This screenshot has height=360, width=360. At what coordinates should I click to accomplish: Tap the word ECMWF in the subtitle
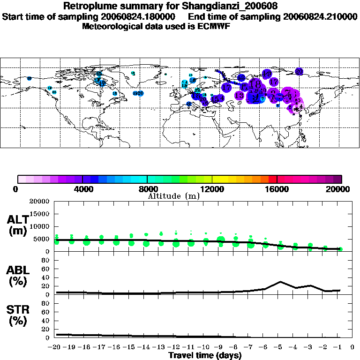(214, 26)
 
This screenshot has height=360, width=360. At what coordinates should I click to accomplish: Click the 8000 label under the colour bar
(147, 189)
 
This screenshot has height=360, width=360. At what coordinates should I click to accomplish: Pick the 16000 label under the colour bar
(277, 189)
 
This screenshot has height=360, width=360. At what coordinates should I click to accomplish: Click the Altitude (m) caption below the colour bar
(174, 196)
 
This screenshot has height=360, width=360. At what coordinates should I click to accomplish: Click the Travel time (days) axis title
(205, 355)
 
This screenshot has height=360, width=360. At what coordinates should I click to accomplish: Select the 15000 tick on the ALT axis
(39, 214)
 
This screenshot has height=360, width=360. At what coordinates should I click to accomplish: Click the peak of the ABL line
(280, 282)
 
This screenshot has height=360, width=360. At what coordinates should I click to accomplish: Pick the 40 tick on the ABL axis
(46, 277)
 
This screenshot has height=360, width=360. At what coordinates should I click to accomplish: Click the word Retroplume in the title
(90, 7)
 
